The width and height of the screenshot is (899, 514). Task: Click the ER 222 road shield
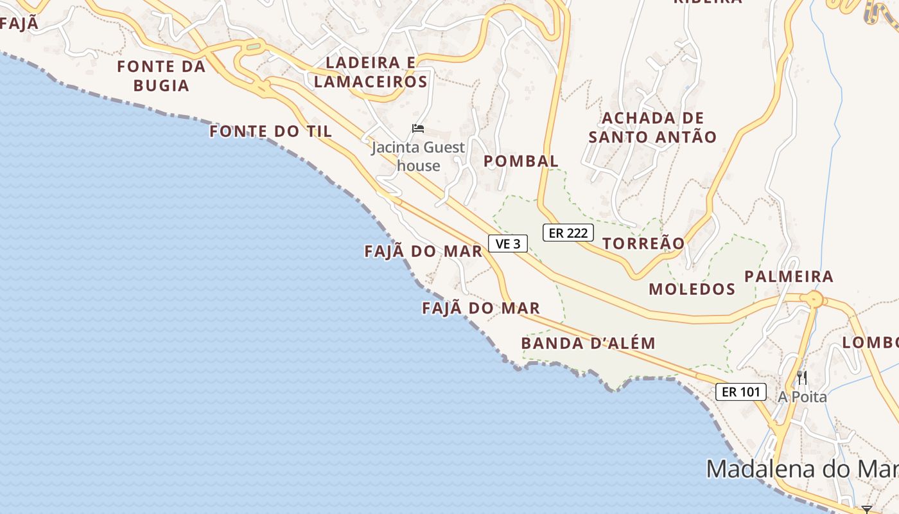(x=568, y=233)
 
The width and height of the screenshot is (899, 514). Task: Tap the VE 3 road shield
(x=508, y=244)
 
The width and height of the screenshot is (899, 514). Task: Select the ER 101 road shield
(x=741, y=391)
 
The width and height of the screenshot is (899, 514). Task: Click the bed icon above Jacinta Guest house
(x=418, y=128)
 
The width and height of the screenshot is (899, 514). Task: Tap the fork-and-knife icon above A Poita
(x=802, y=377)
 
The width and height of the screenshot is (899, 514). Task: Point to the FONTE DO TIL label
(x=270, y=132)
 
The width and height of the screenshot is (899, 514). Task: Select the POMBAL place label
(x=521, y=161)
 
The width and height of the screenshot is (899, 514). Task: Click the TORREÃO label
(x=644, y=243)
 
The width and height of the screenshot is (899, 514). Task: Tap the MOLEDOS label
(x=692, y=289)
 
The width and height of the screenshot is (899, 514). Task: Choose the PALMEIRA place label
(x=789, y=277)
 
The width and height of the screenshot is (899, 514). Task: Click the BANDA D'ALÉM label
(x=588, y=343)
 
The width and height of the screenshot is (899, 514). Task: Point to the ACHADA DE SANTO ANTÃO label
(x=652, y=127)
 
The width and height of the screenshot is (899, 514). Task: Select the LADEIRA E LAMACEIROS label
(x=371, y=72)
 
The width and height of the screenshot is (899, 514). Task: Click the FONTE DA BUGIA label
(x=161, y=76)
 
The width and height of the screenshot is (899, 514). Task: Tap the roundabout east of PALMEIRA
(x=814, y=299)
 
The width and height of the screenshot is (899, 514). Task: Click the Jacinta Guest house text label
(x=418, y=157)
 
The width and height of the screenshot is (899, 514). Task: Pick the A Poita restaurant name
(x=802, y=397)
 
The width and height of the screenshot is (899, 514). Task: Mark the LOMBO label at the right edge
(x=870, y=343)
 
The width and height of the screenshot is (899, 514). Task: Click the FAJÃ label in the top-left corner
(x=19, y=24)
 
